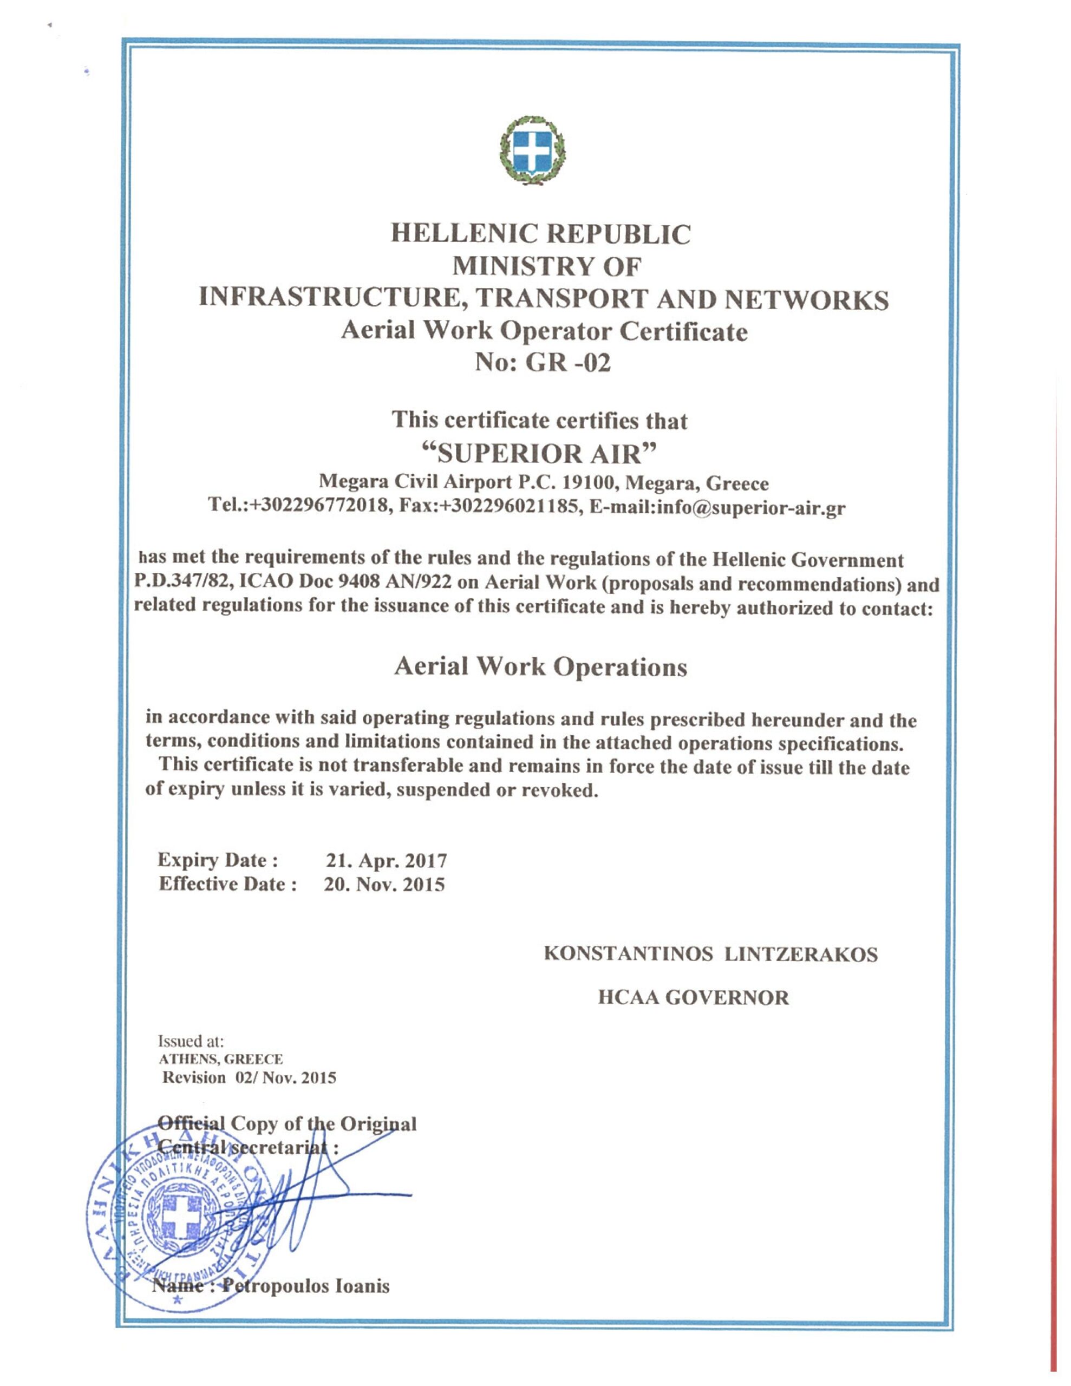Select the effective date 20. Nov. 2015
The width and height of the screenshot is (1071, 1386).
pyautogui.click(x=384, y=885)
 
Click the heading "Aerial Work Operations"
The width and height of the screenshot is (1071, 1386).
pyautogui.click(x=540, y=667)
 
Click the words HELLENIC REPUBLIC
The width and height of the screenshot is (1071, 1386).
pyautogui.click(x=540, y=234)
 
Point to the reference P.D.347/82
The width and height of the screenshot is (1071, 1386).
pyautogui.click(x=176, y=583)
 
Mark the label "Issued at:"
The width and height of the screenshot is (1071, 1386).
pyautogui.click(x=191, y=1042)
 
